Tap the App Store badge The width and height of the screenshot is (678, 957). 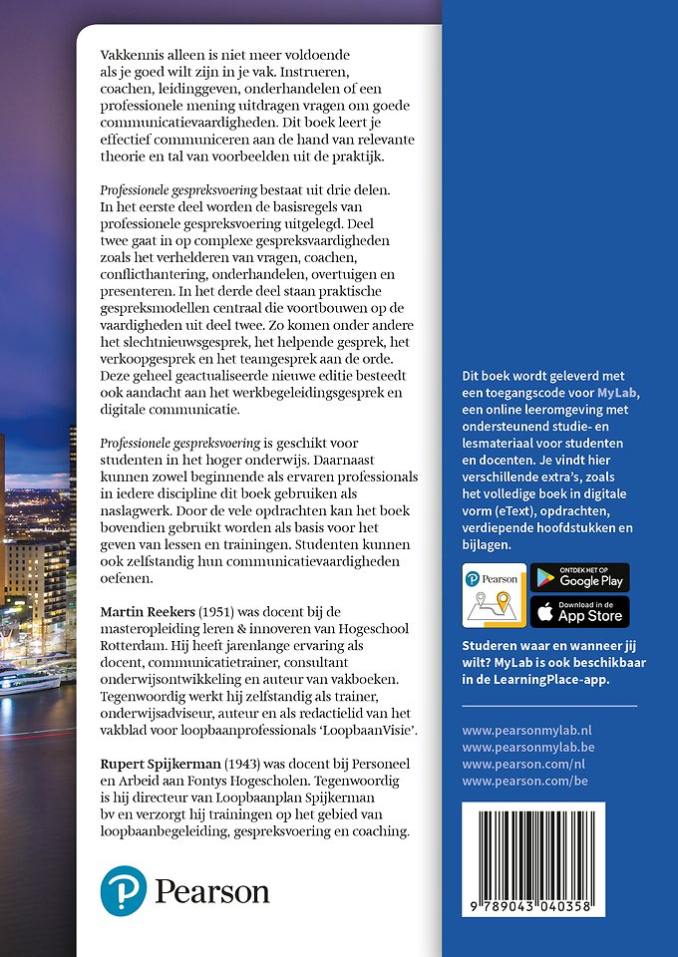pos(579,612)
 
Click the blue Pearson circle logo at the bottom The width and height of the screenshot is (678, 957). pos(123,890)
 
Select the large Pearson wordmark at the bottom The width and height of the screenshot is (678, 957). pos(210,890)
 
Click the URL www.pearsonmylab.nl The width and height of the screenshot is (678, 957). pos(524,731)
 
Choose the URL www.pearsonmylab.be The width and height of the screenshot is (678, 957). pos(524,748)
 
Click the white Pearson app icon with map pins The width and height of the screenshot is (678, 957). pos(493,595)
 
